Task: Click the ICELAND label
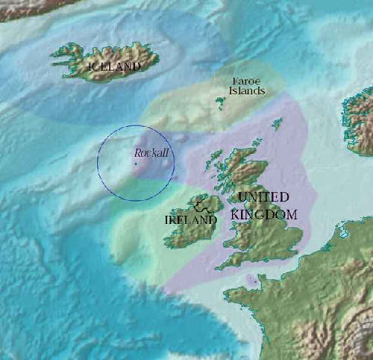pyautogui.click(x=114, y=66)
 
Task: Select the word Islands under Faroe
pyautogui.click(x=247, y=90)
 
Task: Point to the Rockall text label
pyautogui.click(x=151, y=152)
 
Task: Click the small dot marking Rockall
pyautogui.click(x=136, y=164)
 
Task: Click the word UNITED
pyautogui.click(x=263, y=197)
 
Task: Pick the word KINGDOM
pyautogui.click(x=263, y=214)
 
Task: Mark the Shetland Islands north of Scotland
pyautogui.click(x=278, y=123)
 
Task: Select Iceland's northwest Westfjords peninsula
pyautogui.click(x=63, y=52)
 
